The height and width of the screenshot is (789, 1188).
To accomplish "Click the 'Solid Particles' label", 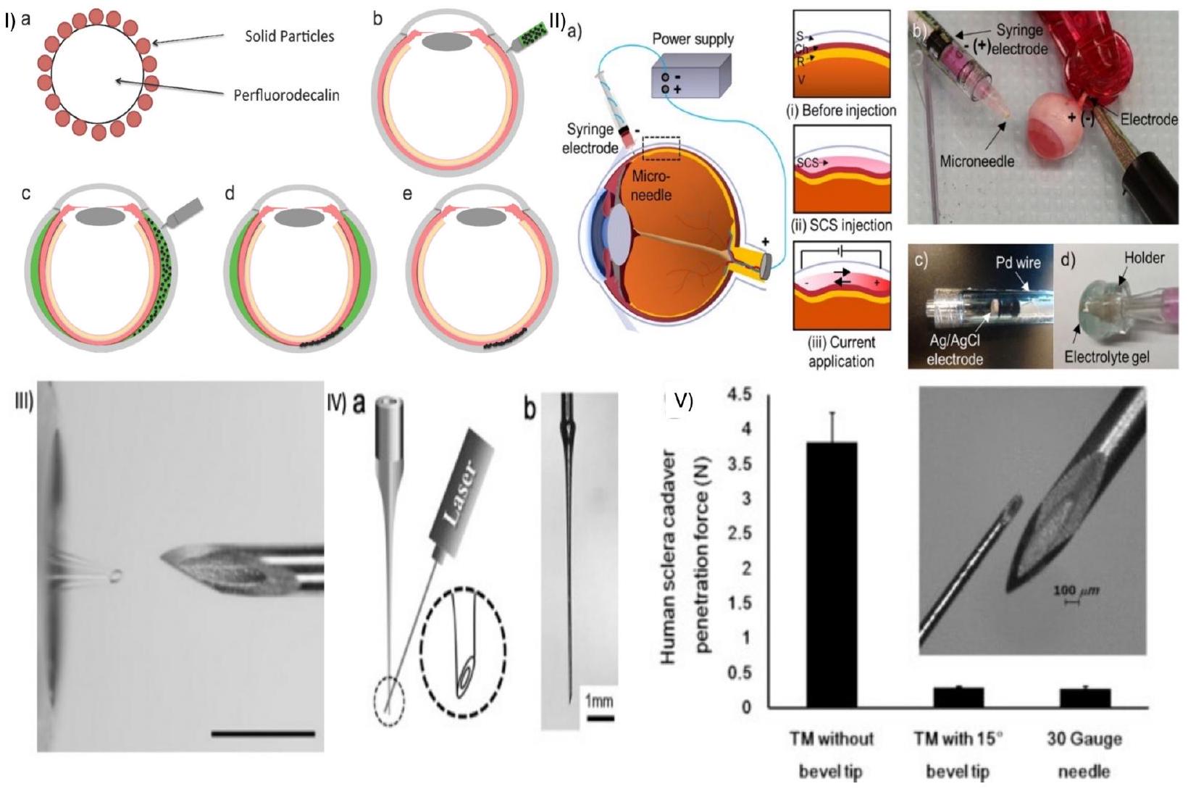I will click(289, 36).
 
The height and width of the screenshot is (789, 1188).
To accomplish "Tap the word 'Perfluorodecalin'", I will click(286, 95).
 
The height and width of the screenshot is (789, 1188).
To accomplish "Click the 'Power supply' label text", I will click(693, 39).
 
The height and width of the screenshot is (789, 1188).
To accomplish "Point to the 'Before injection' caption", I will click(840, 111).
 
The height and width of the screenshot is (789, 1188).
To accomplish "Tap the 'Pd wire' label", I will click(1018, 263).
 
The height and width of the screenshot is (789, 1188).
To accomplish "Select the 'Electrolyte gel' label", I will click(1107, 357).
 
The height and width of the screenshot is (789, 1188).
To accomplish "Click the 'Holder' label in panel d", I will click(1144, 257).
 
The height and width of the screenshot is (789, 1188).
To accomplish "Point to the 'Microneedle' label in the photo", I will click(976, 162).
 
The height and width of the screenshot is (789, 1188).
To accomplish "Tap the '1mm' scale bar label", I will click(599, 701).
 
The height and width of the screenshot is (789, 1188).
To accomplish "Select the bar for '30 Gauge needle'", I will click(1084, 697).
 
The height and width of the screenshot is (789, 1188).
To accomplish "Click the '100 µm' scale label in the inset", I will click(1075, 591).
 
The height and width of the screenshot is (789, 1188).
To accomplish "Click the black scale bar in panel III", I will click(263, 733).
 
